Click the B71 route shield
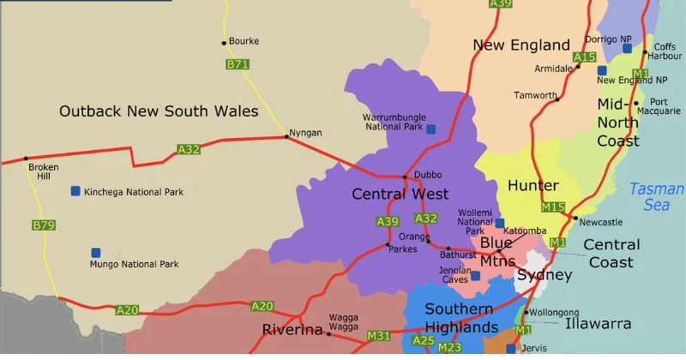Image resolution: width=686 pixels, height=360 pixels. point(238,64)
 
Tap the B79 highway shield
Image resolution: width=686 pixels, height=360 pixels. point(43,225)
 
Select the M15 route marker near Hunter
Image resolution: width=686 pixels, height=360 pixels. point(553,207)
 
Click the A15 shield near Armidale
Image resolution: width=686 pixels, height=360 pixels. point(584,57)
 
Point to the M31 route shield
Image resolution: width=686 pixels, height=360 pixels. point(378,334)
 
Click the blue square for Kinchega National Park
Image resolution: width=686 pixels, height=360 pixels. point(75,191)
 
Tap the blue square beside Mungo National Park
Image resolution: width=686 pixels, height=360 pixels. point(96,253)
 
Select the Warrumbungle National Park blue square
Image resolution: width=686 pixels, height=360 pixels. point(430,129)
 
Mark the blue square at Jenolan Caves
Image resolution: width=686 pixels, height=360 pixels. point(475,276)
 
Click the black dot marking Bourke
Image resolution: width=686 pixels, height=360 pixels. point(224,42)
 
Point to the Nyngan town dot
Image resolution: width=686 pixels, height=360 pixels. point(286,136)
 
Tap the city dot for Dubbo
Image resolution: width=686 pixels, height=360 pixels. point(406,177)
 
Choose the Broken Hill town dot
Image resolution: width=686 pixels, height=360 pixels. point(26,159)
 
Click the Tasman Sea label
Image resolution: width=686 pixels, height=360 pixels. point(656,197)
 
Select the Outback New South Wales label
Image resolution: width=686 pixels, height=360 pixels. point(159,111)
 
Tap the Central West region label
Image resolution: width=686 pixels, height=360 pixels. point(400,195)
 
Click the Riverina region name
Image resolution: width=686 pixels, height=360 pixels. point(292,330)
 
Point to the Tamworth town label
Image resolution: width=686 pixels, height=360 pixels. point(535,95)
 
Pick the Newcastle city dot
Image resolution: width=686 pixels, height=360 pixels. point(575,218)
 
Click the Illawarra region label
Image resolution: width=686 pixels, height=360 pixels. point(598,324)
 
